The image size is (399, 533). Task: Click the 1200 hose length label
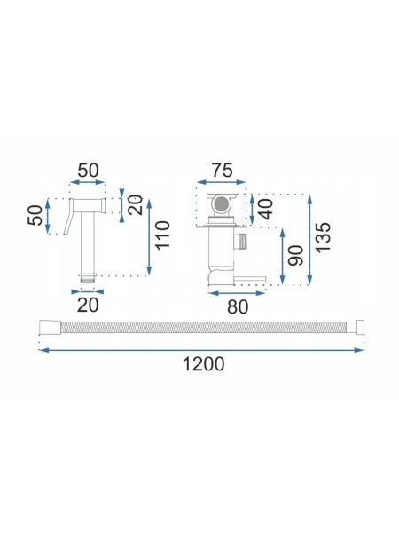pyautogui.click(x=204, y=363)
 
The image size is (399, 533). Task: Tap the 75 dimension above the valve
pyautogui.click(x=223, y=171)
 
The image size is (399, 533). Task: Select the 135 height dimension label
pyautogui.click(x=323, y=237)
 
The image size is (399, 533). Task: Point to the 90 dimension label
pyautogui.click(x=295, y=256)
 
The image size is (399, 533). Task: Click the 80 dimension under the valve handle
pyautogui.click(x=238, y=307)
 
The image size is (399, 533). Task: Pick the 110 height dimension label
pyautogui.click(x=162, y=235)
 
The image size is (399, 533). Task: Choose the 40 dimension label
pyautogui.click(x=265, y=209)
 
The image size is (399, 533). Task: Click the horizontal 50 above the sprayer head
pyautogui.click(x=88, y=171)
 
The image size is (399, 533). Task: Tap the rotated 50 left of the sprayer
pyautogui.click(x=35, y=215)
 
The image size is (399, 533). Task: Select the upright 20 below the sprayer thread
pyautogui.click(x=88, y=305)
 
